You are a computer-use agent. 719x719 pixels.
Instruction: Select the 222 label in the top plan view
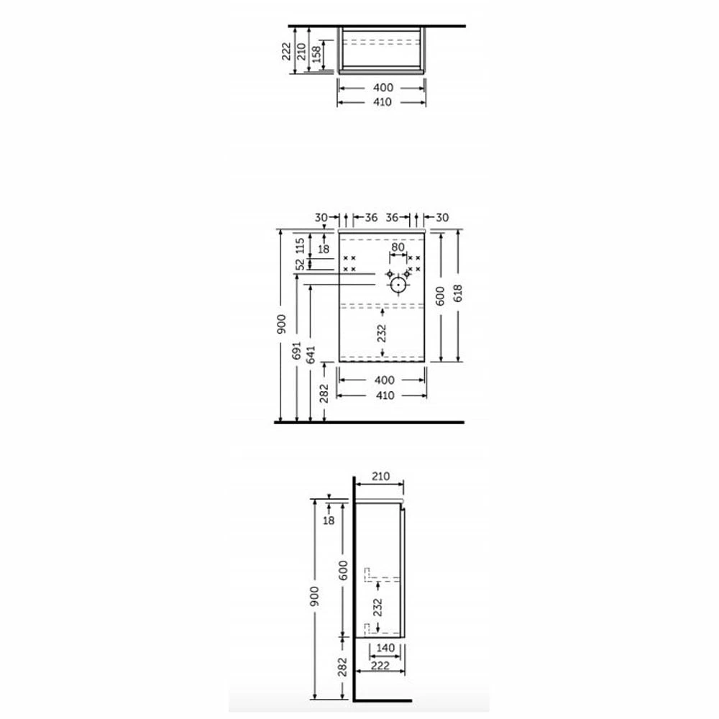[x=287, y=50]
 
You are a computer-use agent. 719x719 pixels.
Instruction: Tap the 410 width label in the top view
[x=383, y=102]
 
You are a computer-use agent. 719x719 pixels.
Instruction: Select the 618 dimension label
[x=454, y=296]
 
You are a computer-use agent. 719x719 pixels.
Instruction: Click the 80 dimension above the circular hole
[x=398, y=247]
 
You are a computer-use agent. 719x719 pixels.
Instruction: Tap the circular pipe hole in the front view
[x=398, y=285]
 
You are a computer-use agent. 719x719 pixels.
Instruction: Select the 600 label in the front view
[x=440, y=296]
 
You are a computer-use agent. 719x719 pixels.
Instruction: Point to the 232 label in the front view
[x=383, y=333]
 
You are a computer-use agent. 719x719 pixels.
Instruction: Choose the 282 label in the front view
[x=324, y=393]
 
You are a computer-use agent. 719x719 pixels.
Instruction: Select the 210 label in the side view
[x=380, y=476]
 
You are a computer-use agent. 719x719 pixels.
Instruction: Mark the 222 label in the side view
[x=380, y=666]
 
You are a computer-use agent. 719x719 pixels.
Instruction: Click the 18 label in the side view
[x=329, y=520]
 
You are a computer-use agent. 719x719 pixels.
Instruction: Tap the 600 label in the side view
[x=343, y=571]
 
